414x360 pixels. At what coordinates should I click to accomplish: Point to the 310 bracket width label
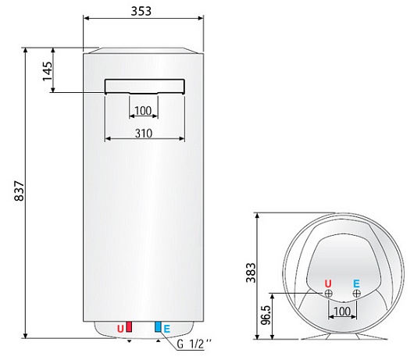pos(143,134)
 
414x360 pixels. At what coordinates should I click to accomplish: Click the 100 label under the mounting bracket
pos(143,110)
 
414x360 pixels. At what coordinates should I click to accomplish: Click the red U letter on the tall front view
pos(120,329)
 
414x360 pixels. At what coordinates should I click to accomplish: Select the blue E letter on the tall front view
pos(166,329)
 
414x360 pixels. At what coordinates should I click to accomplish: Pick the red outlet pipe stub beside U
pos(130,328)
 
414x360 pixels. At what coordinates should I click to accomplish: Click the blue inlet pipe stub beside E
pos(158,328)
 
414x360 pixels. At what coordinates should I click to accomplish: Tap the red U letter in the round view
pos(328,283)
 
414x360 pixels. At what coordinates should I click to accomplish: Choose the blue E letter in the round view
pos(356,283)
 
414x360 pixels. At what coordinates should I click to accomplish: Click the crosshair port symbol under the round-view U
pos(328,294)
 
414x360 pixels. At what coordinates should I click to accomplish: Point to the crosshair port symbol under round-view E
pos(356,294)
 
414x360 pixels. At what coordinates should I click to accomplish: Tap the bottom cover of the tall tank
pos(144,331)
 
